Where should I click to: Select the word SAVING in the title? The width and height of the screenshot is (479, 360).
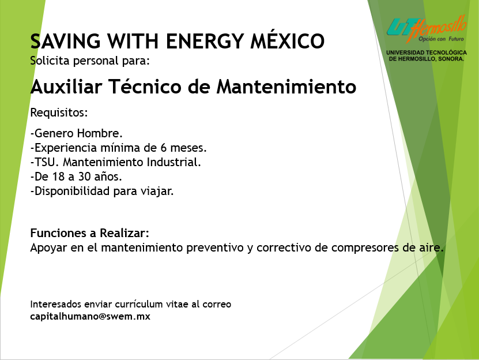(65, 42)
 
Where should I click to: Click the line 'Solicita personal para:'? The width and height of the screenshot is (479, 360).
(90, 61)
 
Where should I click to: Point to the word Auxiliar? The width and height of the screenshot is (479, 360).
(66, 87)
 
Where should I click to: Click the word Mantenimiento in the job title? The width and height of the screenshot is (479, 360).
(286, 87)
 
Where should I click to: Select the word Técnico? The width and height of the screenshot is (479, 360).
(145, 87)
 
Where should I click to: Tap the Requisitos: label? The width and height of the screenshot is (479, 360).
(59, 113)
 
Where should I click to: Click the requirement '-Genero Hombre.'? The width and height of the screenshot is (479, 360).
(76, 133)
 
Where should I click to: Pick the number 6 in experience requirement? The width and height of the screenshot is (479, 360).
(164, 148)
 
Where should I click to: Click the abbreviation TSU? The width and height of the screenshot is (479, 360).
(47, 162)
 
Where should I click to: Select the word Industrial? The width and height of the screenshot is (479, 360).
(174, 162)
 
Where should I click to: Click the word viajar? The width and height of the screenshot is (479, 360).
(157, 192)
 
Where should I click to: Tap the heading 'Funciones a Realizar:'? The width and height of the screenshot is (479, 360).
(89, 233)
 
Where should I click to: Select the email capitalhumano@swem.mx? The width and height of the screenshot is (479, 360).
(90, 316)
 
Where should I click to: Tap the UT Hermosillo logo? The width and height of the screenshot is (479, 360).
(427, 29)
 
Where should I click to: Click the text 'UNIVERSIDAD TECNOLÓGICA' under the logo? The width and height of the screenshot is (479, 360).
(427, 52)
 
